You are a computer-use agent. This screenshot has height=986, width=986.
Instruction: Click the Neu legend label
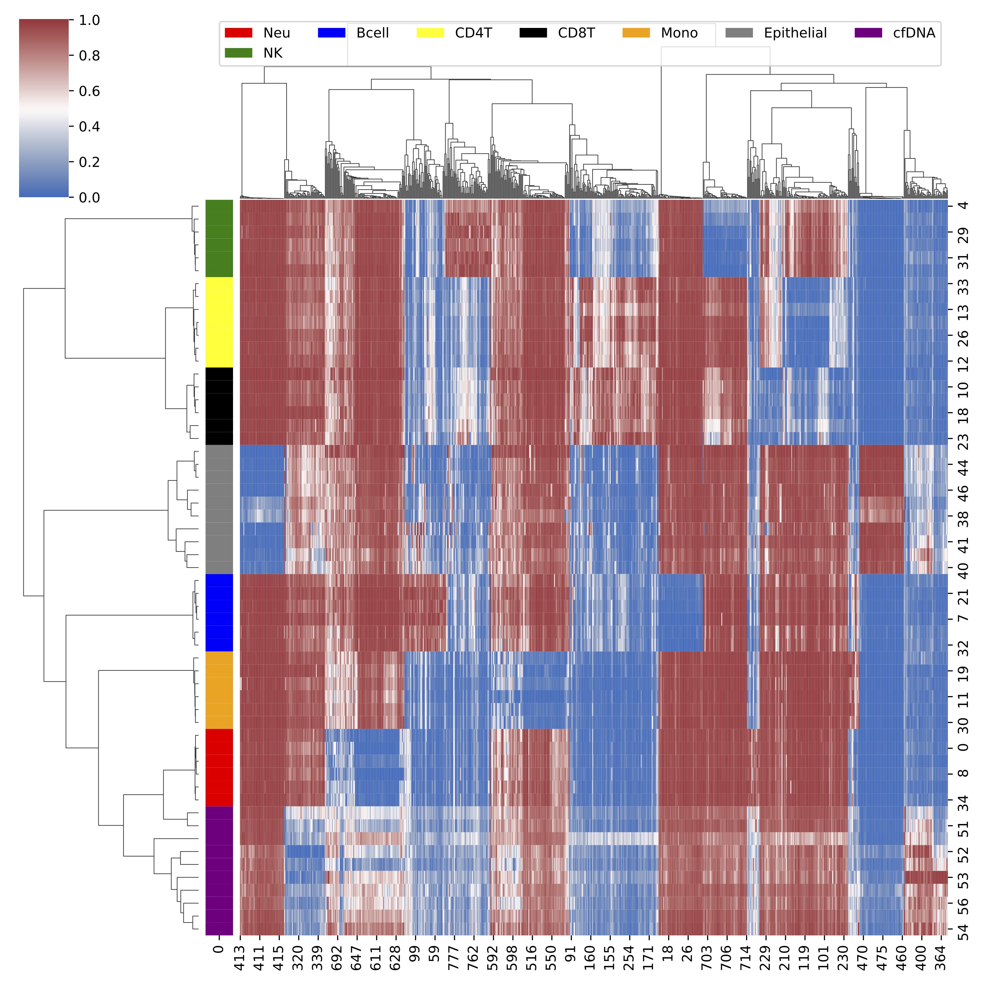[277, 33]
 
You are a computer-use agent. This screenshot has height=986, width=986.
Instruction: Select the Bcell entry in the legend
[373, 33]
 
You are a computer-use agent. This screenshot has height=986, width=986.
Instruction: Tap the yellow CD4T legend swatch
[430, 33]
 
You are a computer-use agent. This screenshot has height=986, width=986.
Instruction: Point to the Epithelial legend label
[795, 33]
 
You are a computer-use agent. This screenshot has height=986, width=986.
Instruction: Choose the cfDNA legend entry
[914, 33]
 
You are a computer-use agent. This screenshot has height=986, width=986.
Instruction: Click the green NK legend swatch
[238, 53]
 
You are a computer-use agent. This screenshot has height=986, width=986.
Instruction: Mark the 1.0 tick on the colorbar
[89, 20]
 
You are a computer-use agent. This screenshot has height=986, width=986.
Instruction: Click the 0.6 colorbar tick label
[89, 91]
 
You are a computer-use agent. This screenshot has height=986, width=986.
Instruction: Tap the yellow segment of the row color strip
[220, 322]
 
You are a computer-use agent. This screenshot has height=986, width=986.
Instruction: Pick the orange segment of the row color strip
[220, 690]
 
